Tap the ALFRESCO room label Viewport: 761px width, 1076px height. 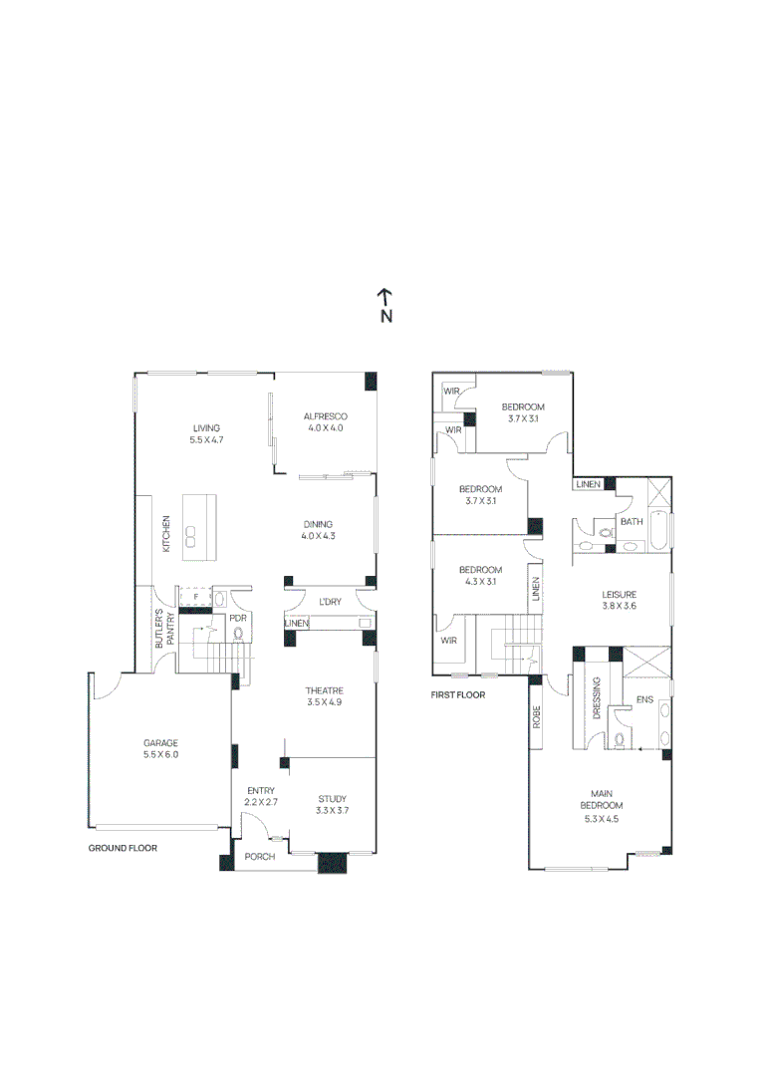pos(326,416)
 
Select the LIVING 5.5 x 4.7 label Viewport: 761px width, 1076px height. pos(206,433)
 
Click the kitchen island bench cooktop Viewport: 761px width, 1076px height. pos(191,536)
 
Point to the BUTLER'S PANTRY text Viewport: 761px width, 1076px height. pos(164,629)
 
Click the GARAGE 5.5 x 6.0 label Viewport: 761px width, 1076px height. pos(160,748)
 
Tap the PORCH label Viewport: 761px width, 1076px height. pos(259,857)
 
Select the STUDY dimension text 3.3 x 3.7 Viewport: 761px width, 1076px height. pos(332,810)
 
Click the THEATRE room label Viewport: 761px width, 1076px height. pos(325,691)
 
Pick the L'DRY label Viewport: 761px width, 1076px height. pos(330,602)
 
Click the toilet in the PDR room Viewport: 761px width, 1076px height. pos(238,634)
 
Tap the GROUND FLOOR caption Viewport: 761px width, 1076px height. pos(123,848)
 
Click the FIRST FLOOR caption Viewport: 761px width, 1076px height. pos(458,695)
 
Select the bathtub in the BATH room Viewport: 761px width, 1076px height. pos(657,530)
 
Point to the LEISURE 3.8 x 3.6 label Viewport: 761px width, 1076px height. pos(619,600)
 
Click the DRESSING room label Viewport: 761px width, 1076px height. pos(597,697)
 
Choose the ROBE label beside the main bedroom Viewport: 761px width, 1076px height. pos(537,716)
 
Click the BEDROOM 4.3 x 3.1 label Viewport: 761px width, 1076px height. pos(480,575)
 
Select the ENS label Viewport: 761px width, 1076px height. pos(645,700)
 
